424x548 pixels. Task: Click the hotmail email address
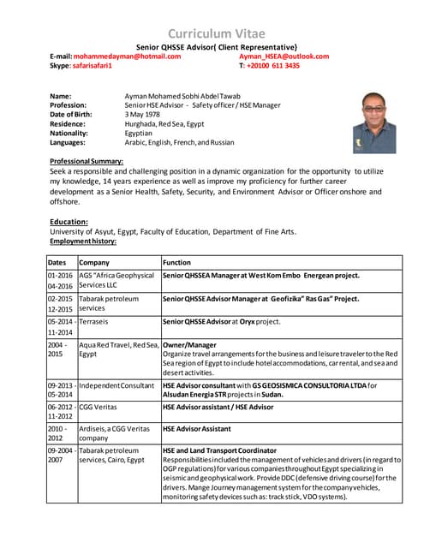click(127, 57)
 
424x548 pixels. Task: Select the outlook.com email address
click(284, 57)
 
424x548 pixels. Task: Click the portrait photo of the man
click(374, 122)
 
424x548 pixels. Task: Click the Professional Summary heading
click(86, 161)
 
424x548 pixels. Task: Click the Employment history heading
click(82, 241)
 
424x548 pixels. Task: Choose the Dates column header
click(57, 262)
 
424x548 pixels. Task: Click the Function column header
click(176, 262)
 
